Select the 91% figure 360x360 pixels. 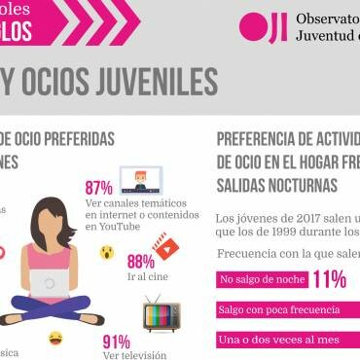pyautogui.click(x=117, y=342)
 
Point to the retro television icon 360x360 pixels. pyautogui.click(x=161, y=312)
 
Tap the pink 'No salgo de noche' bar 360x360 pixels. pyautogui.click(x=262, y=280)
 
